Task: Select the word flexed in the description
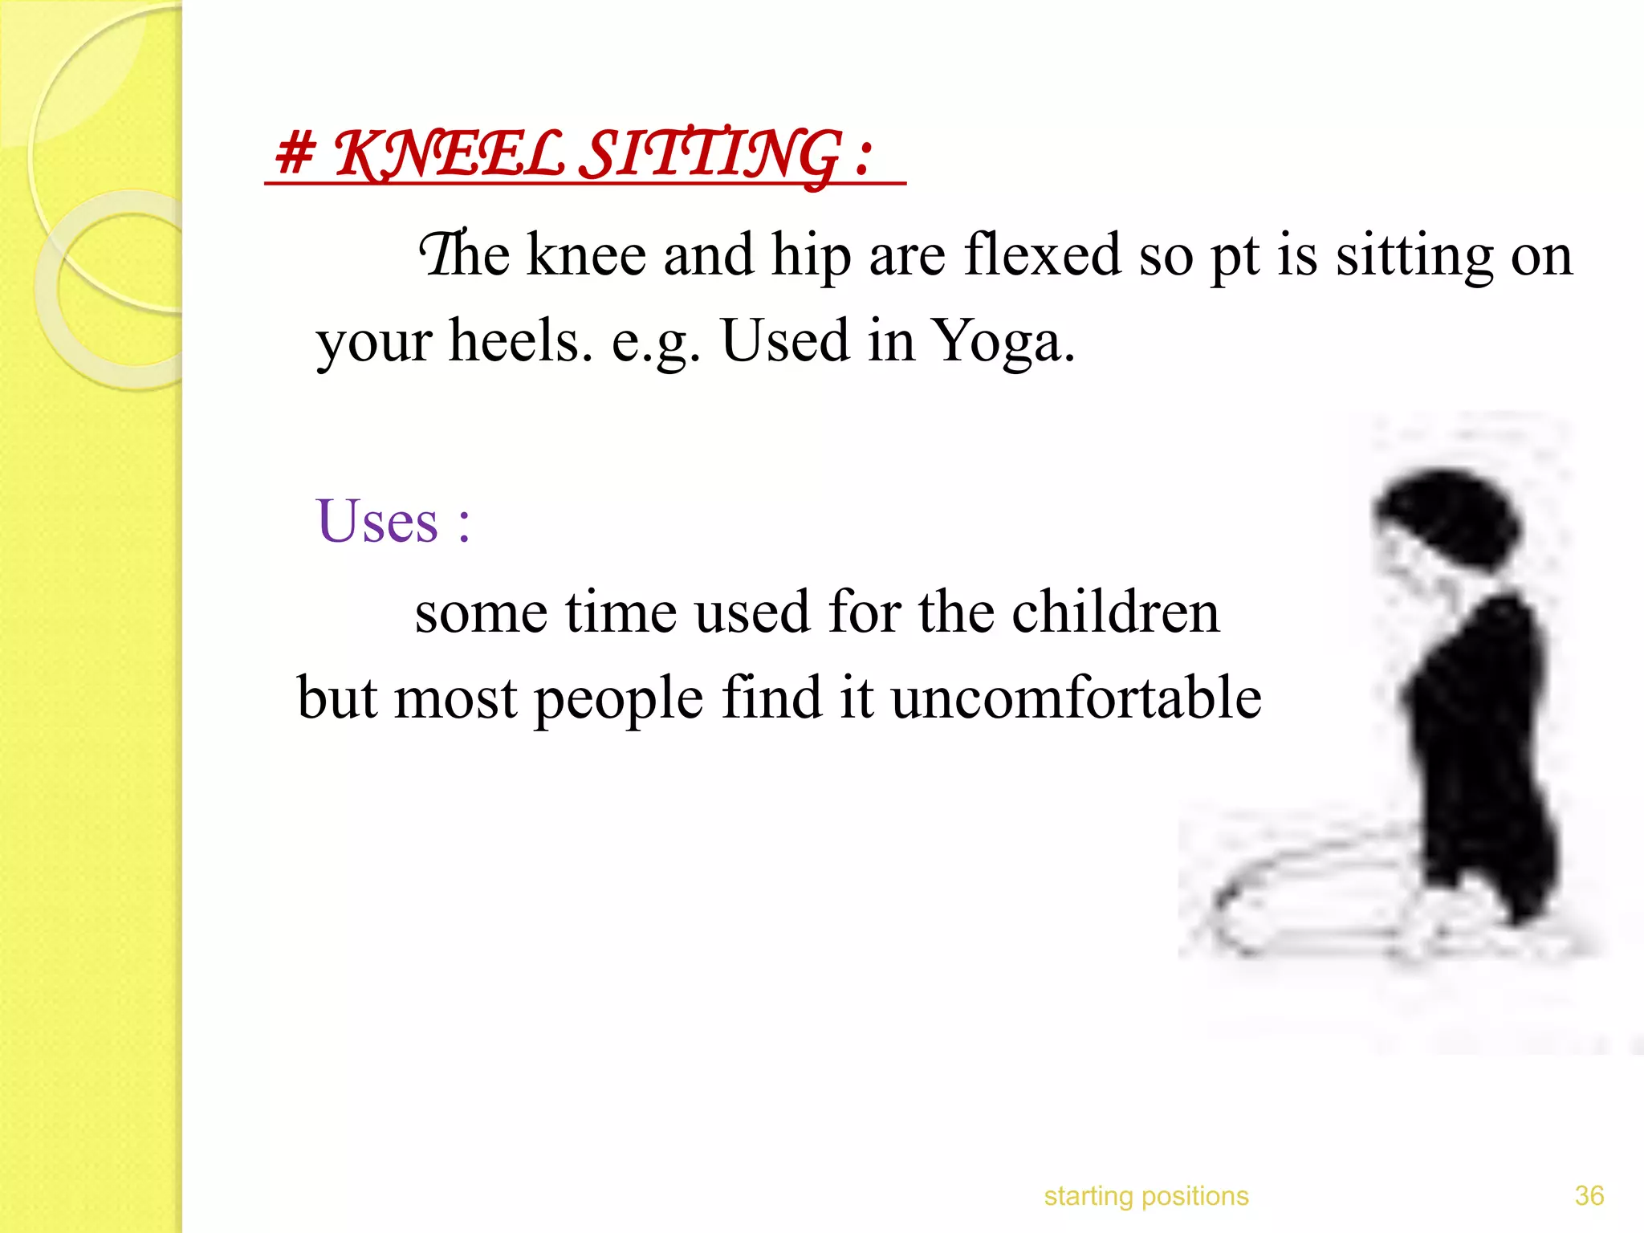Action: coord(1041,255)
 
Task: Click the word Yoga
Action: coord(1004,342)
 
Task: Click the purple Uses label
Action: coord(377,523)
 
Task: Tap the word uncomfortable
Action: coord(1076,698)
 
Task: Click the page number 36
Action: coord(1589,1196)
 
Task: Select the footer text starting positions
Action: coord(1146,1196)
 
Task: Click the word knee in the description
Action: coord(586,255)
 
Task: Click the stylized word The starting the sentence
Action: coord(464,255)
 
